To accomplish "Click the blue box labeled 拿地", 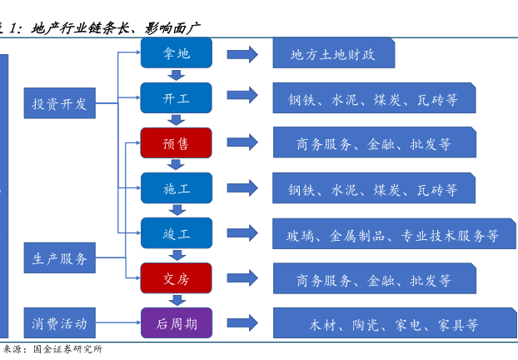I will tap(176, 53).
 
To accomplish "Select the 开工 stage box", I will tap(176, 98).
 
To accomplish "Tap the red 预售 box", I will tap(176, 143).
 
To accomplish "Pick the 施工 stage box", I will tap(176, 188).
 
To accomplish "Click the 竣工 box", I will tap(176, 233).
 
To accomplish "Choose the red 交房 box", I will tap(176, 278).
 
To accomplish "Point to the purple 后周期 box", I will tap(176, 323).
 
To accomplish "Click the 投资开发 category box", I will tap(59, 104).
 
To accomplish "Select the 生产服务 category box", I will tap(59, 258).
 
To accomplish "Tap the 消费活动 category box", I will tap(59, 322).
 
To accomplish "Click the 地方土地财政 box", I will tap(333, 54).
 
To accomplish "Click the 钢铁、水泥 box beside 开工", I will tap(374, 98).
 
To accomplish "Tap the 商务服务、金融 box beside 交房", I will tap(374, 279).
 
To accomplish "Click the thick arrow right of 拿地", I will tap(242, 54).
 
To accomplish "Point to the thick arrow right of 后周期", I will tap(242, 323).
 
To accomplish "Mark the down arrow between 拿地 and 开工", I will tap(177, 76).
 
